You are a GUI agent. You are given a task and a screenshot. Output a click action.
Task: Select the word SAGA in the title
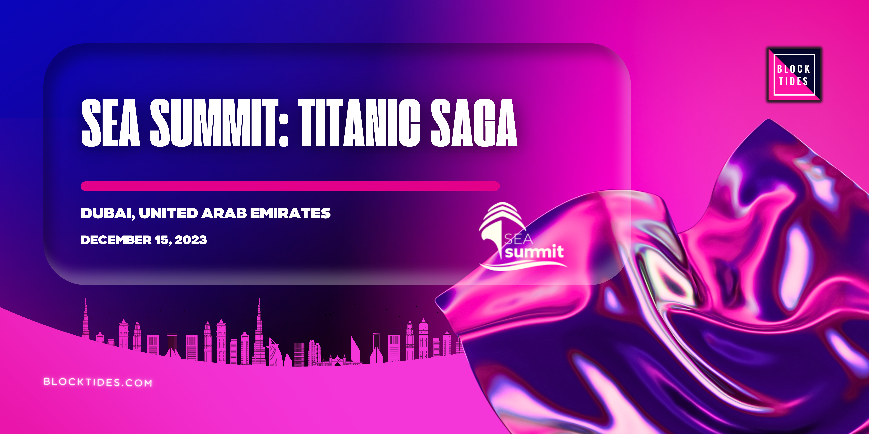point(474,123)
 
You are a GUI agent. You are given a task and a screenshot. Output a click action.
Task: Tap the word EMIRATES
point(290,213)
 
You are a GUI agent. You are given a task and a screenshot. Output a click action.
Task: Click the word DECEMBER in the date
point(116,240)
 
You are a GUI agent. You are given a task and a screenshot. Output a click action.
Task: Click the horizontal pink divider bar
point(290,186)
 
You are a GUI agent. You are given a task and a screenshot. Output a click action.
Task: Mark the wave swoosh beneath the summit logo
point(523,266)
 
